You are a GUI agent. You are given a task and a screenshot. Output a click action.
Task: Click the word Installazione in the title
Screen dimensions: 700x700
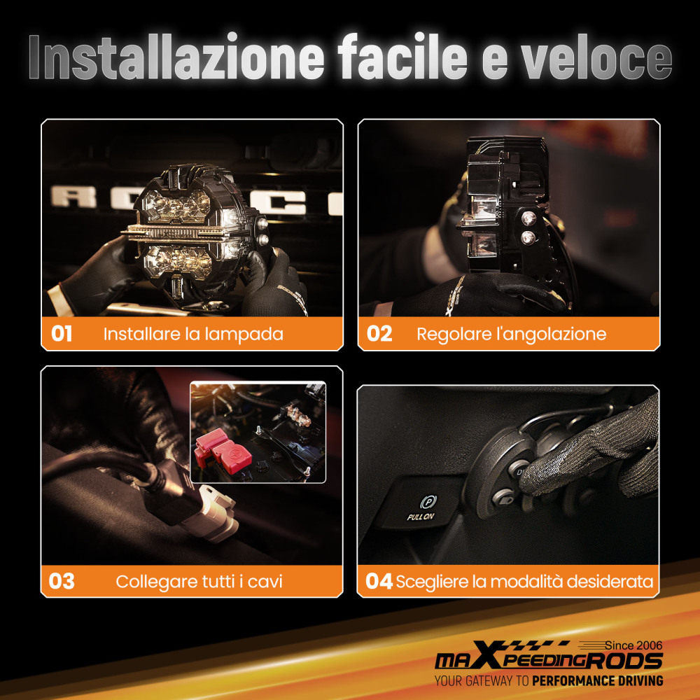coord(175,59)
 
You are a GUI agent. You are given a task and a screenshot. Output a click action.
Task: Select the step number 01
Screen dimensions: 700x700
coord(62,334)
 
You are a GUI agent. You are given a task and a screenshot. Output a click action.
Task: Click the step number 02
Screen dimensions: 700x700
coord(379,334)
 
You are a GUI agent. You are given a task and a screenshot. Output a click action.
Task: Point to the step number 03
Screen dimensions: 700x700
coord(62,581)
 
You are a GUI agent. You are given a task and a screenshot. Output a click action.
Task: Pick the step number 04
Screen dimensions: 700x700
coord(379,581)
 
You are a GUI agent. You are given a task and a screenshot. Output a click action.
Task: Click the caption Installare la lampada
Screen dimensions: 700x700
coord(193,334)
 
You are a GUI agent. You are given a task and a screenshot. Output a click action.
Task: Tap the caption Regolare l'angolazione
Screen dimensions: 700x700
coord(511,334)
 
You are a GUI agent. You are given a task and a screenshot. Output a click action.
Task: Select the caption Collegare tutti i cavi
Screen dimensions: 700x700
coord(199,581)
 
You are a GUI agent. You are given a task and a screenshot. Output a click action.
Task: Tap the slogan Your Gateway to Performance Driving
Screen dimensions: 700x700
coord(548,680)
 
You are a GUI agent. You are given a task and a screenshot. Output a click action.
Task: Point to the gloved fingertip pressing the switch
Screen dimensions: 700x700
coord(535,483)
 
